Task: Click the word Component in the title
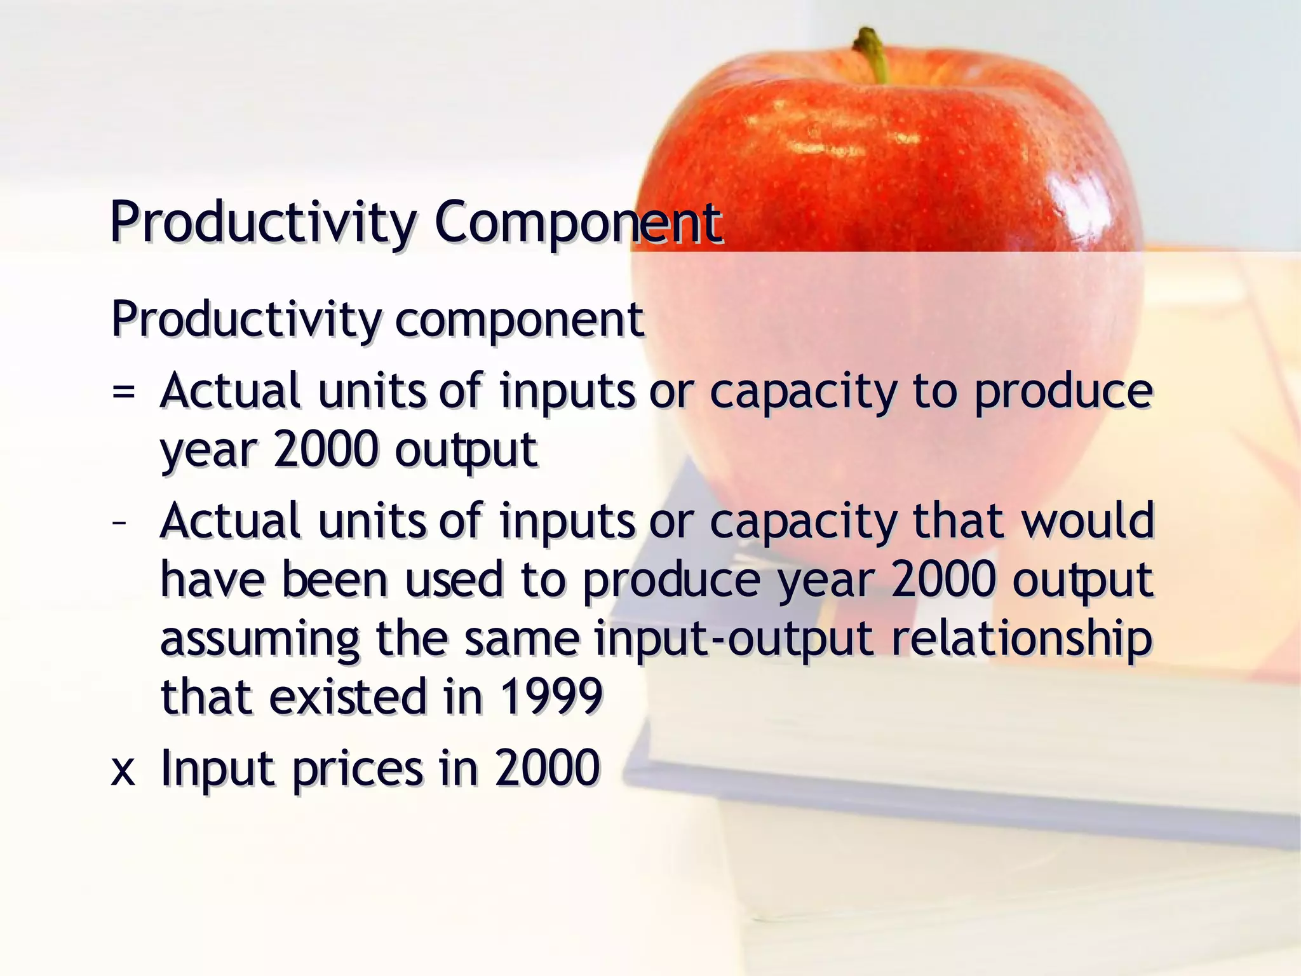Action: pyautogui.click(x=577, y=222)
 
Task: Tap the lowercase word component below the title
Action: pyautogui.click(x=519, y=320)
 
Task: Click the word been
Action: pyautogui.click(x=334, y=579)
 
